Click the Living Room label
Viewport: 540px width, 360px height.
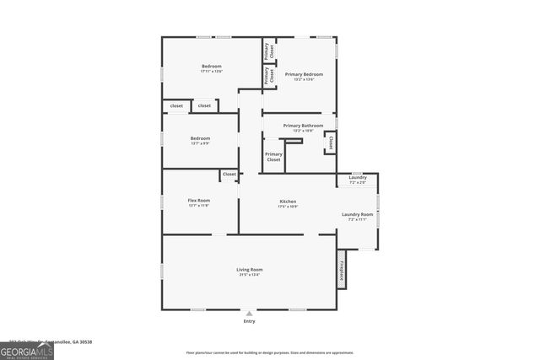249,269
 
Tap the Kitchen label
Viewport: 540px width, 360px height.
288,201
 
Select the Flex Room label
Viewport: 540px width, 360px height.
199,201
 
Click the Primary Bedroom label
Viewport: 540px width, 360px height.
304,74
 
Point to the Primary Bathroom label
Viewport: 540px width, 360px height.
302,126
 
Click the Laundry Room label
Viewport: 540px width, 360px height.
357,214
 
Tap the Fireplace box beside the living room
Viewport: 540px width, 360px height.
342,270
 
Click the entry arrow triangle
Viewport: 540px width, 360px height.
249,313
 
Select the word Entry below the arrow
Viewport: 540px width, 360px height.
249,321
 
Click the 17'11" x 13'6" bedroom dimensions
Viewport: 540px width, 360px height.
211,72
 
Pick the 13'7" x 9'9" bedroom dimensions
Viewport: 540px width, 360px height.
200,143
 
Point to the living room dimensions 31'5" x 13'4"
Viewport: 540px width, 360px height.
249,274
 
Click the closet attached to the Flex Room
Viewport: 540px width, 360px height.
229,175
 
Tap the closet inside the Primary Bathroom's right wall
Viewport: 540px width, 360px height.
330,142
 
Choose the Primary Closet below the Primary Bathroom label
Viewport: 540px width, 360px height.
273,157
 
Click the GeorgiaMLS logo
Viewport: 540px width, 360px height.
27,350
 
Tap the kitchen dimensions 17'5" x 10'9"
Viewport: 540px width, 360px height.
288,207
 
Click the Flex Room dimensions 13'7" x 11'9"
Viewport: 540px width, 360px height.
199,206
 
